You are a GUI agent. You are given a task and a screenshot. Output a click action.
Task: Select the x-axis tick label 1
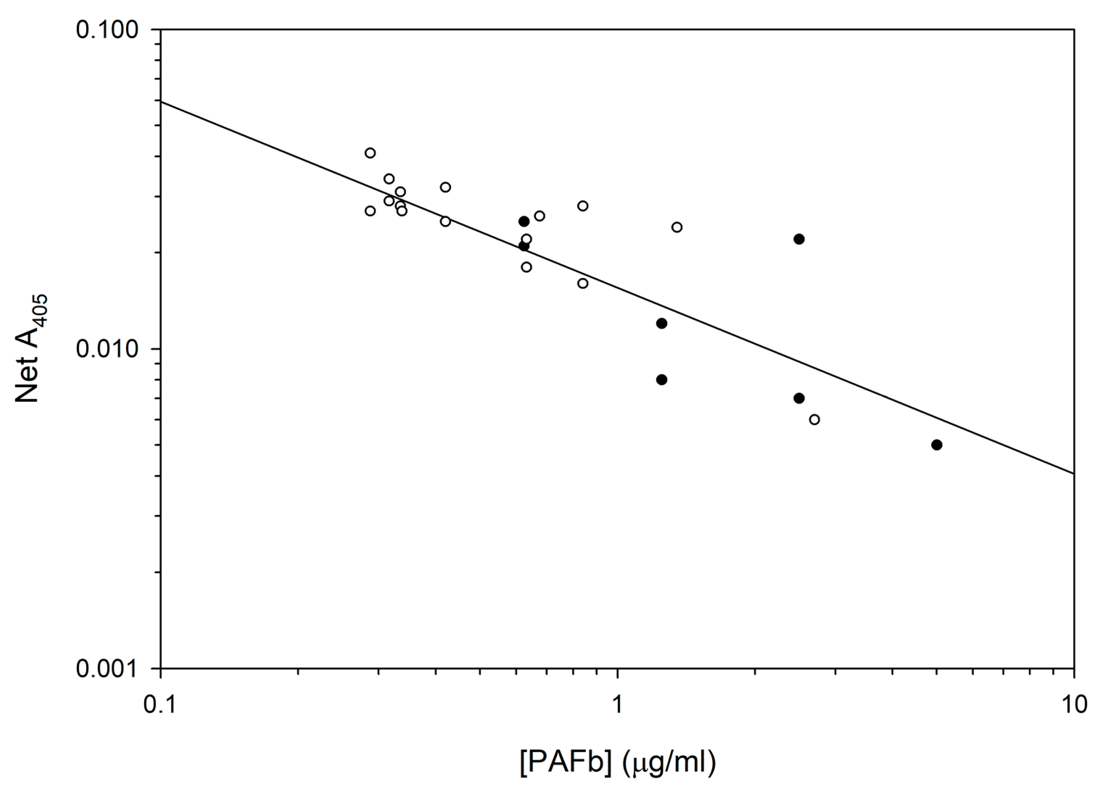pos(616,703)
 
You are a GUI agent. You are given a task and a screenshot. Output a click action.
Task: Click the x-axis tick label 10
pos(1073,703)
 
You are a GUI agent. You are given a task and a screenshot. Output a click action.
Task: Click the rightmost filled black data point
pos(937,445)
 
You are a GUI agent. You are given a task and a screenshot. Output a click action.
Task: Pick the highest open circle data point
pos(370,153)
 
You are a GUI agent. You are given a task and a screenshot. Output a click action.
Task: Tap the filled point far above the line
pos(799,239)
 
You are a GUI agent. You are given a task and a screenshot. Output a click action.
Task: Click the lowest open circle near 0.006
pos(815,420)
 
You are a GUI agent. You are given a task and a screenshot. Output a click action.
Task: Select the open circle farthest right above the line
pos(677,227)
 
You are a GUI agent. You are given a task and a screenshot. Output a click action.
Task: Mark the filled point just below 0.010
pos(661,379)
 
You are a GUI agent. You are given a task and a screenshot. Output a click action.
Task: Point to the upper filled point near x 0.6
pos(524,221)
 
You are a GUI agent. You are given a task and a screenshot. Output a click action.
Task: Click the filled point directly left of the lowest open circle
pos(799,398)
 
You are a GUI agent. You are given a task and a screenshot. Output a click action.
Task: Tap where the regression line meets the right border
pos(1074,473)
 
